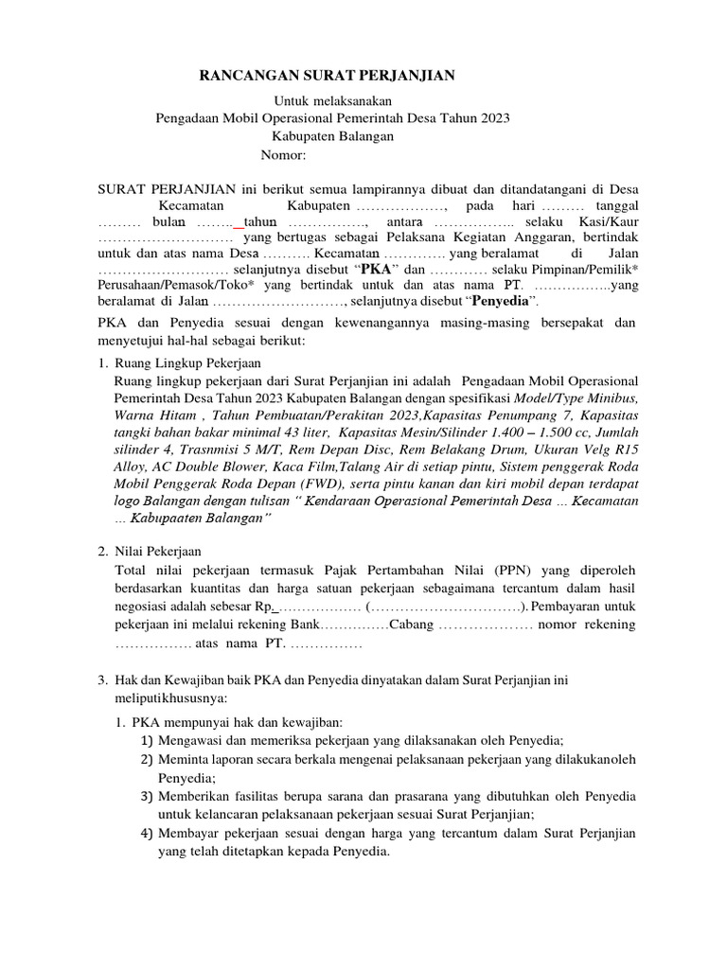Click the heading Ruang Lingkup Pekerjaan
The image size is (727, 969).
pos(193,362)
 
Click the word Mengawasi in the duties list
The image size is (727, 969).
pos(195,740)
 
